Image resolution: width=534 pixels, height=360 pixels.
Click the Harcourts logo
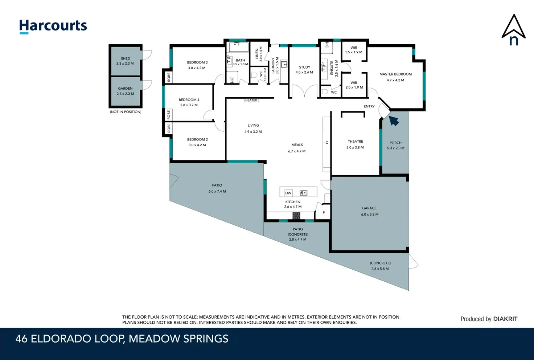point(53,26)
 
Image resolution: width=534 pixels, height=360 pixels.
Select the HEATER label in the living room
point(251,101)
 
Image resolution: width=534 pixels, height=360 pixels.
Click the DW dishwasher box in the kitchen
point(288,193)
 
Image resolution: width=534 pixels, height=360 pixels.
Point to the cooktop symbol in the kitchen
point(296,216)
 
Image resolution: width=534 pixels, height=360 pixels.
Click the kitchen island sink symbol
point(304,193)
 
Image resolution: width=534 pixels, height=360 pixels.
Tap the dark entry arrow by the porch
point(394,120)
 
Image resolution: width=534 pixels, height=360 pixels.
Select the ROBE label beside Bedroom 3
point(169,77)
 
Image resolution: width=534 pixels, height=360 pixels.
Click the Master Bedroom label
point(395,74)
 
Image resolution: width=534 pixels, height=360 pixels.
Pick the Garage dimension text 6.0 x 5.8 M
point(370,214)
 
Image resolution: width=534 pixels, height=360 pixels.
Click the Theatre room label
point(355,142)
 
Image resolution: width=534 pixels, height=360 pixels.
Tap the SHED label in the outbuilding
point(126,58)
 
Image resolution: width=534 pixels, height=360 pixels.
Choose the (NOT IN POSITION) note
point(126,112)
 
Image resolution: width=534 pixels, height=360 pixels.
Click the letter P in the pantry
point(324,212)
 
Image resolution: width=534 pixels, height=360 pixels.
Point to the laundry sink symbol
point(284,65)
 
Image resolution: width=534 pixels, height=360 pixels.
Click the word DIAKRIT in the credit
point(505,319)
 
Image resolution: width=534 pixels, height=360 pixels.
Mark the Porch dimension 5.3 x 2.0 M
point(395,148)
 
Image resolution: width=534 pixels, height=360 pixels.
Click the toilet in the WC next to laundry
point(254,75)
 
